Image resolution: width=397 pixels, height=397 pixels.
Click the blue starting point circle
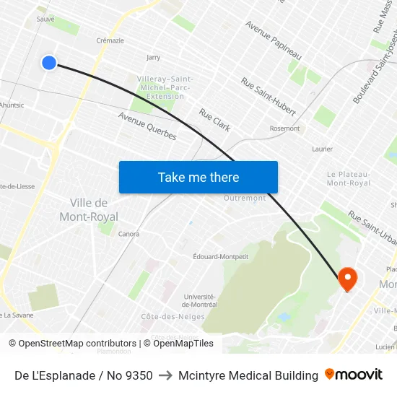[x=49, y=63]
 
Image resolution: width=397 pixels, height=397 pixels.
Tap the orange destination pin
[x=347, y=279]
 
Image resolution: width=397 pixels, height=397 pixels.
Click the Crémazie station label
[x=110, y=40]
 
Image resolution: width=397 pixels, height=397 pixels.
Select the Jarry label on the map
[x=153, y=57]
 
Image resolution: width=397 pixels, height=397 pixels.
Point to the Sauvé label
[x=45, y=19]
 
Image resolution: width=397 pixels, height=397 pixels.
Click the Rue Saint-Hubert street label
[x=269, y=96]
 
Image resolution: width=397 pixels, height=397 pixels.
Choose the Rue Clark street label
[x=215, y=120]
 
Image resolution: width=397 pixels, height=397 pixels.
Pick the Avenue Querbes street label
[x=147, y=126]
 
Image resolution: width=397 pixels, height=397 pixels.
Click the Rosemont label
[x=284, y=128]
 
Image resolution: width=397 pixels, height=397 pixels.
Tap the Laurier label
[x=322, y=149]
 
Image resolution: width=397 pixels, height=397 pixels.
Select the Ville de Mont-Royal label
[x=94, y=209]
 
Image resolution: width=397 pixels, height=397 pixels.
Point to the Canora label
[x=128, y=234]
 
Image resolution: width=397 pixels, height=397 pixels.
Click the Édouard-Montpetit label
[x=221, y=256]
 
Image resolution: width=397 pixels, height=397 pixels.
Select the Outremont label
[x=245, y=198]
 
